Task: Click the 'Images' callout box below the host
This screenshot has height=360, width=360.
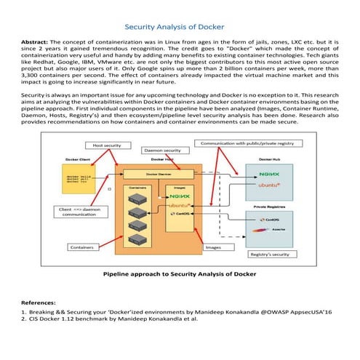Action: tap(213, 247)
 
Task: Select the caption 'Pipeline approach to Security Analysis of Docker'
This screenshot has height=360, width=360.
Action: tap(179, 274)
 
